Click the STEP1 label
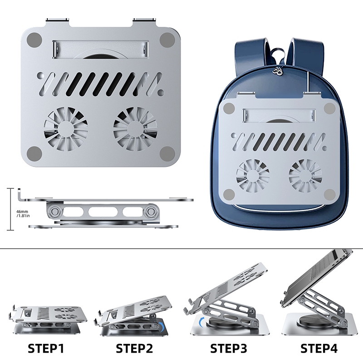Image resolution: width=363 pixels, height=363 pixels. point(46,348)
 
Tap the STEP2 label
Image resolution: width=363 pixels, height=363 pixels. point(134,348)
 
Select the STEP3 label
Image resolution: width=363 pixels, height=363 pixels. point(229,348)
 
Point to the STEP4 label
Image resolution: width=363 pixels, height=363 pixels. point(319,348)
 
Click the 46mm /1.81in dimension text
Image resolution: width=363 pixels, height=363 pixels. point(23,213)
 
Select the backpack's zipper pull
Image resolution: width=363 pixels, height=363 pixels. point(279,71)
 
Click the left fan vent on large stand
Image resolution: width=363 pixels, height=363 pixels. point(66,129)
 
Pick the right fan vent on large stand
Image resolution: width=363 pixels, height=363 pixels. point(135,129)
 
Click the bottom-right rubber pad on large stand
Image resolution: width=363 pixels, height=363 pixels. point(167,154)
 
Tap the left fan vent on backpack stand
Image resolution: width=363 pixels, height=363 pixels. point(253,175)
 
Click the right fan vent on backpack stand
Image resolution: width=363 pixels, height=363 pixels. point(305,175)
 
